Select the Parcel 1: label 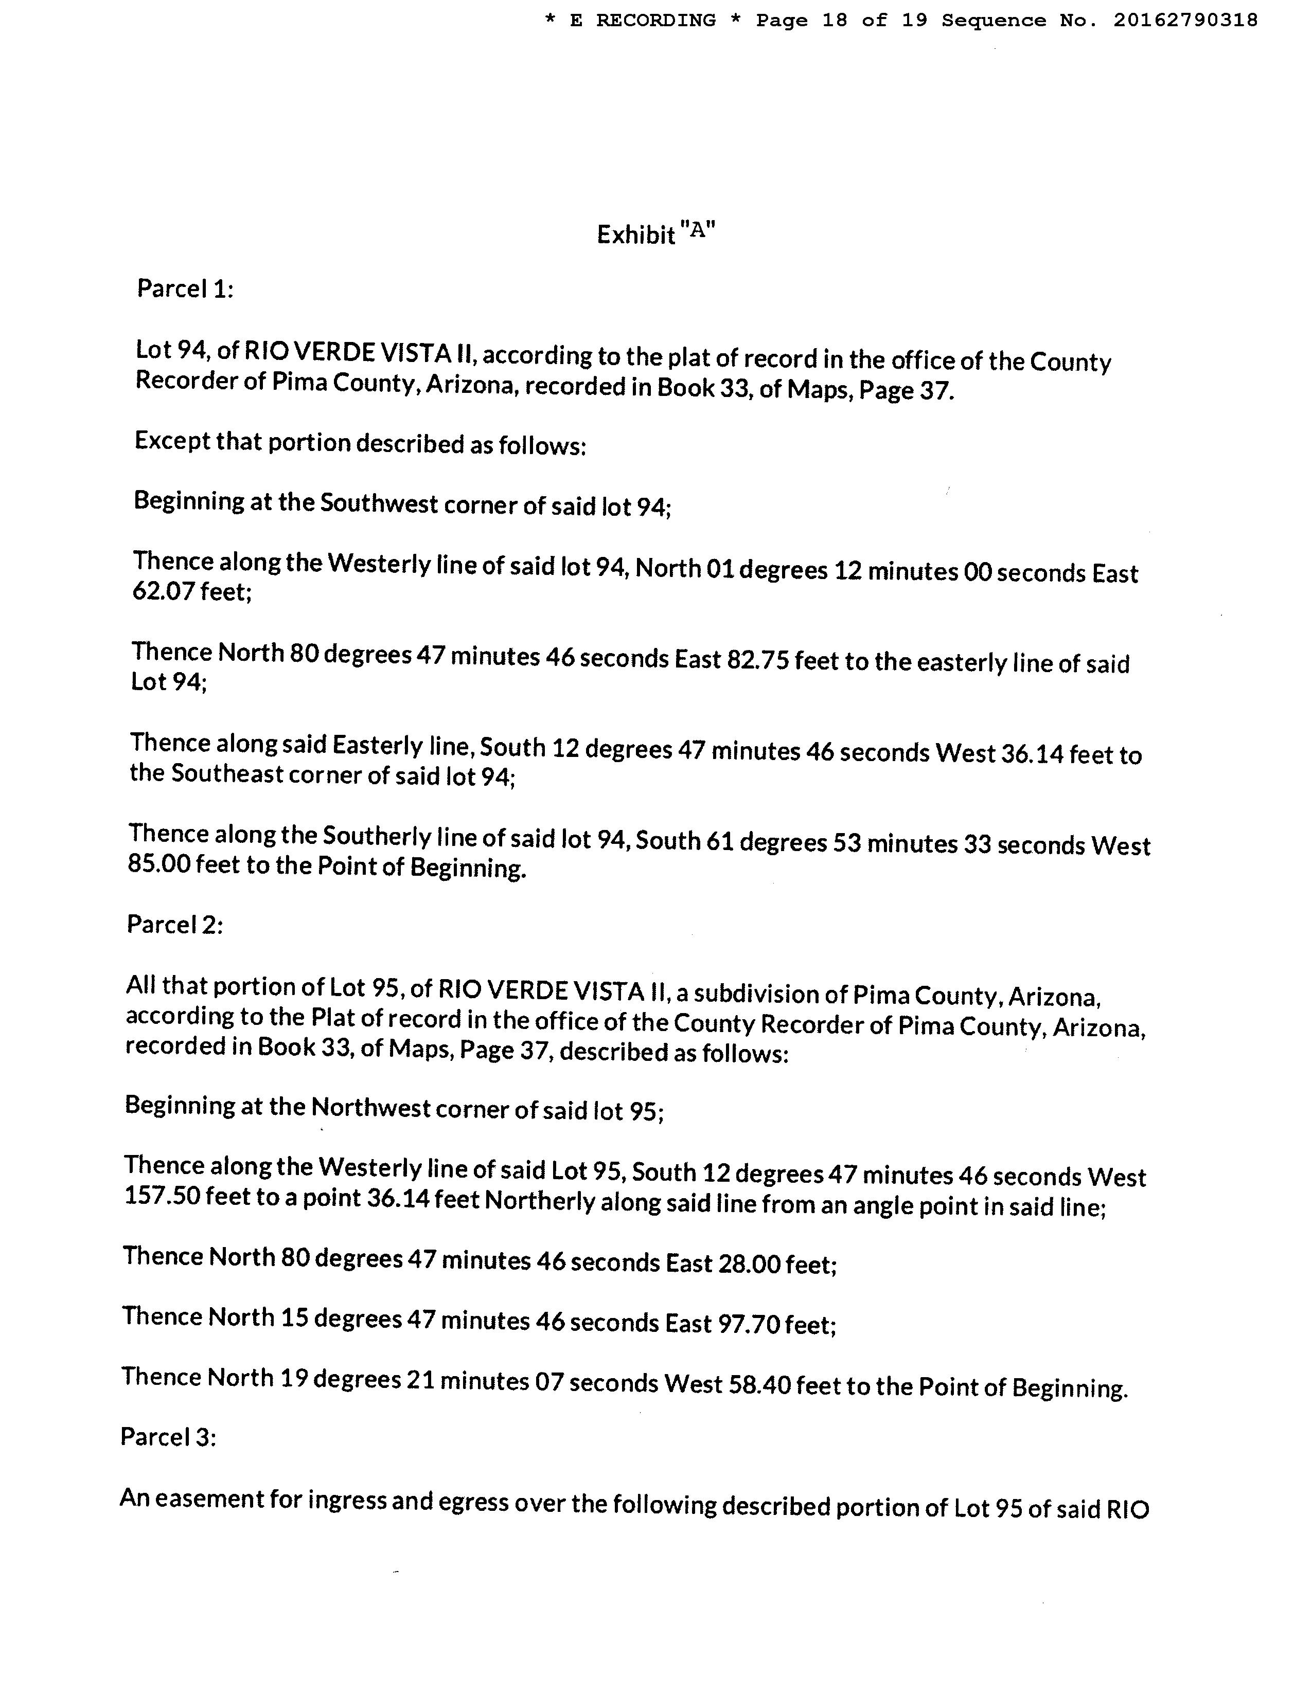[185, 289]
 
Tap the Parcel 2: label [175, 925]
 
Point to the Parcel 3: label [168, 1437]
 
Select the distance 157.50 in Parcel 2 [162, 1196]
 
